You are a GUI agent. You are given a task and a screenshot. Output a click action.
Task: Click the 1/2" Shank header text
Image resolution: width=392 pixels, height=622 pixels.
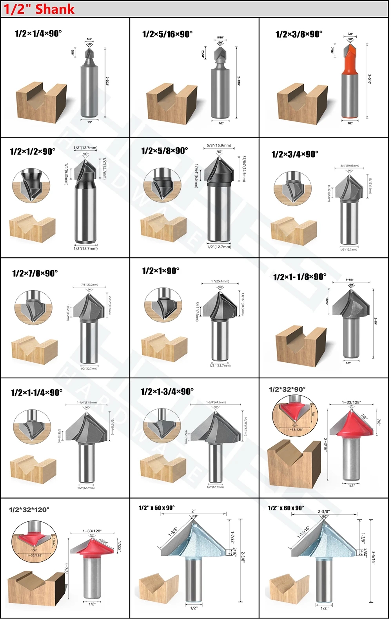pos(39,9)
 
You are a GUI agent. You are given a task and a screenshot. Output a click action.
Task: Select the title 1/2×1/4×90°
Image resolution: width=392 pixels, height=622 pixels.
pos(38,34)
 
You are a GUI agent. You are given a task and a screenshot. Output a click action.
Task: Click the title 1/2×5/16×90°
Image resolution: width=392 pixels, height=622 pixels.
pos(167,34)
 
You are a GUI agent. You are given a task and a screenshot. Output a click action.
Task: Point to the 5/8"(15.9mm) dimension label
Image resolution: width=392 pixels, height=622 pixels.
pos(219,146)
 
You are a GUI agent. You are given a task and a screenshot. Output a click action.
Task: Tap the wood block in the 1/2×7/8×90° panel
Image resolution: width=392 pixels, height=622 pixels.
pos(34,349)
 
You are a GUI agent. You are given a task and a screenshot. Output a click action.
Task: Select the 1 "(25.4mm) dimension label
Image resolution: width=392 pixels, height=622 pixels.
pos(220,281)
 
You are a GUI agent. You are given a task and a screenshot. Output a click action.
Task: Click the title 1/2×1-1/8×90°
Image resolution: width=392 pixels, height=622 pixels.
pos(300,277)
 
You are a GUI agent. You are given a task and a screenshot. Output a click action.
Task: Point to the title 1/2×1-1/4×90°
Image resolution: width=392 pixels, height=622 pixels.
pos(37,392)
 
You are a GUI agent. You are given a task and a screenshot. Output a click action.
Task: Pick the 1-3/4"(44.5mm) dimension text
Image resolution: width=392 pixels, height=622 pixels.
pos(216,402)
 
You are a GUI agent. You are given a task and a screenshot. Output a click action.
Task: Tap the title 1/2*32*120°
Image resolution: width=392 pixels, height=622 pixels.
pos(29,510)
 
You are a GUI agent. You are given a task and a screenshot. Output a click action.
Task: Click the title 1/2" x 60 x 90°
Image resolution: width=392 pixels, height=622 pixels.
pos(286,508)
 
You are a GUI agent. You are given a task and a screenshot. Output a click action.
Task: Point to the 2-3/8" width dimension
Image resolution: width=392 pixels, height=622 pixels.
pos(324,512)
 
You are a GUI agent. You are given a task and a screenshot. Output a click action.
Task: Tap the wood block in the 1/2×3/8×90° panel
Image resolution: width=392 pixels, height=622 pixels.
pos(302,102)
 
